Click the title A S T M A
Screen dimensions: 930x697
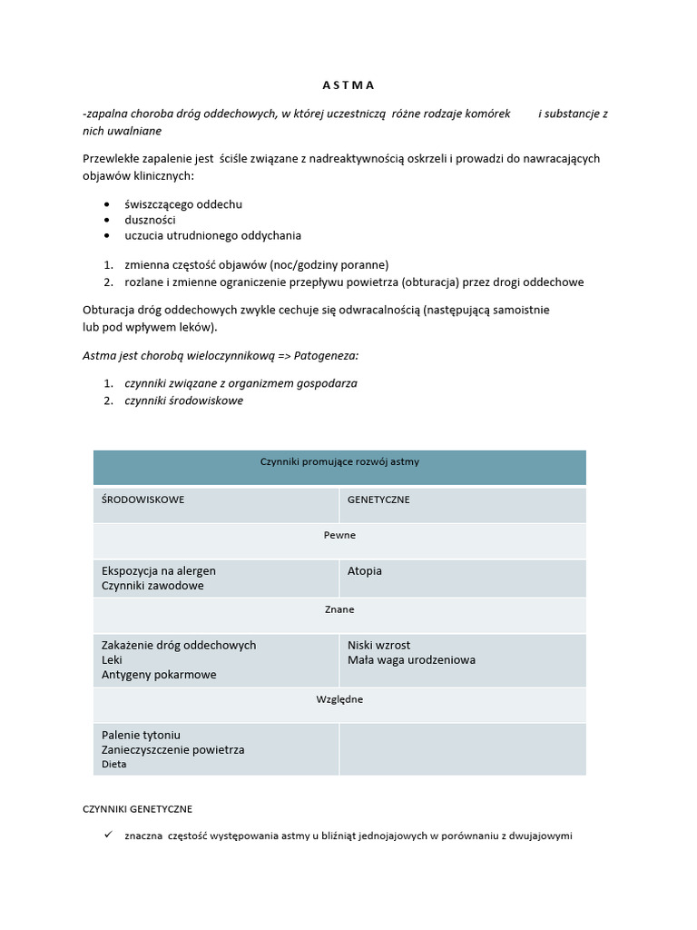(x=348, y=85)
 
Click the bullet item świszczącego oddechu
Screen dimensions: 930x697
(x=183, y=204)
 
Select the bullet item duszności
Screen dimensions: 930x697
(x=151, y=220)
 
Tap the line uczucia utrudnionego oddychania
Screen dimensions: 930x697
(x=212, y=235)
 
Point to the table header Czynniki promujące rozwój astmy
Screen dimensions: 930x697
(x=339, y=462)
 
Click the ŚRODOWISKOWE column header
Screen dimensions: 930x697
(x=143, y=500)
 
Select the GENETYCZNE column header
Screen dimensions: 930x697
(x=378, y=500)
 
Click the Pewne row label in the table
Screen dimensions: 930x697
(x=339, y=536)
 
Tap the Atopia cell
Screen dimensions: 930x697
(x=365, y=571)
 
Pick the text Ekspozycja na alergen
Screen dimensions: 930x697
(x=159, y=571)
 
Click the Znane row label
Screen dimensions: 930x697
(x=339, y=609)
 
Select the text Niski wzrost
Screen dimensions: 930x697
(x=378, y=646)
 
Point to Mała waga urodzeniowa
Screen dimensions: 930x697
(x=411, y=660)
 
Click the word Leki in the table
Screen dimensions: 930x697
(x=112, y=660)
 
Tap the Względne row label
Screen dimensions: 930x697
(x=339, y=699)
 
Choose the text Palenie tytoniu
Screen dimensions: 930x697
(x=142, y=735)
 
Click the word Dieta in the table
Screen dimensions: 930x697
(x=114, y=765)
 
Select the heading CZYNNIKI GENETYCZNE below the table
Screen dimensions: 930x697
(x=137, y=808)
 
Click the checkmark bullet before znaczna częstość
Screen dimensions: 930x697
(x=107, y=835)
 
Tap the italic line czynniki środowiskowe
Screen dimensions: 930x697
(x=183, y=401)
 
